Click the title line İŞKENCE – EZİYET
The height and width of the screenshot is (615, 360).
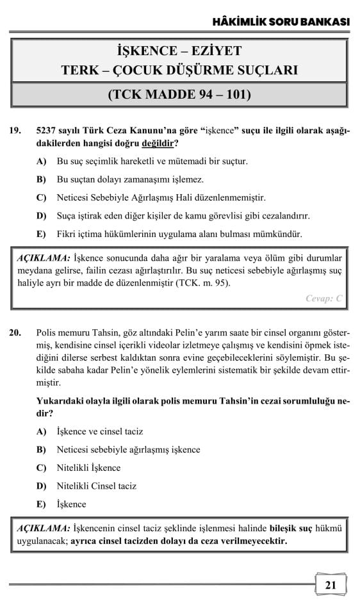click(179, 51)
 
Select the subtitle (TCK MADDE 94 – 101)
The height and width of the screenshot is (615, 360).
click(179, 95)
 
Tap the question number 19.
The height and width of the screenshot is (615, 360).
click(15, 131)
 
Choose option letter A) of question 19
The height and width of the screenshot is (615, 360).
click(42, 161)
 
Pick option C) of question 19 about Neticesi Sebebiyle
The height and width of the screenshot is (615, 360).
click(161, 198)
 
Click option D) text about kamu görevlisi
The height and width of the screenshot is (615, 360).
click(183, 216)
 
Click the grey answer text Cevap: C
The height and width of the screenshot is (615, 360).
click(325, 298)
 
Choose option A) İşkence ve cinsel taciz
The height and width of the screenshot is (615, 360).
click(100, 432)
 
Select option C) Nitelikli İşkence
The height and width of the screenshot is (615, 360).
click(88, 468)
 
